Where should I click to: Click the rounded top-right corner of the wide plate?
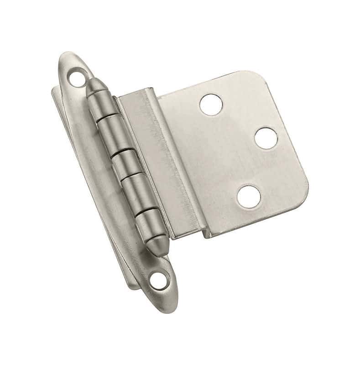point(256,78)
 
